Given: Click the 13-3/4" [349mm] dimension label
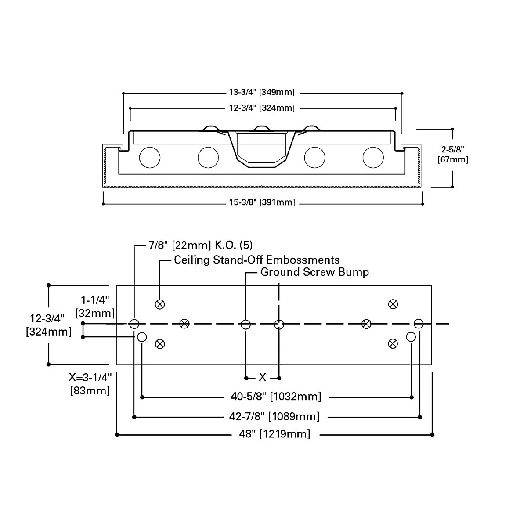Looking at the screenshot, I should pos(261,92).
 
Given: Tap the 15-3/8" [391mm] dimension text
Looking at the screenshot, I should pos(261,202).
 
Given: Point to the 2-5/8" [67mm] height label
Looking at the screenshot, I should pos(453,155).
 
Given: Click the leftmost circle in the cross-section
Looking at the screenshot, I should pos(150,157).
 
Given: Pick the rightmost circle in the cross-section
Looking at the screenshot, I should pos(373,157).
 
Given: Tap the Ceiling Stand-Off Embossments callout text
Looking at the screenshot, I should pos(256,260).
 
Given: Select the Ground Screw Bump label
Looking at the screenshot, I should pos(314,272).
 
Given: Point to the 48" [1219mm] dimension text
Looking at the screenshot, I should pos(275,434).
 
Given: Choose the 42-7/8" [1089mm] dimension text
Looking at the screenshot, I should pos(275,416).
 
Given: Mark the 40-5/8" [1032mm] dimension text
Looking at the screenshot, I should pos(276,397).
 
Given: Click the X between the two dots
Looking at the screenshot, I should pos(263,377).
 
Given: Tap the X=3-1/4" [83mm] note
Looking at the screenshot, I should pos(90,383).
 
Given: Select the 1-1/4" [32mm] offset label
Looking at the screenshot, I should pos(95,307).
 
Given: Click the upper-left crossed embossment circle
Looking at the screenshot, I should pos(160,304).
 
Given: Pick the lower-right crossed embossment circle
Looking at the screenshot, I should pos(393,343).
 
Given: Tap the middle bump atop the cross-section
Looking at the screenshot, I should pos(261,128).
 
